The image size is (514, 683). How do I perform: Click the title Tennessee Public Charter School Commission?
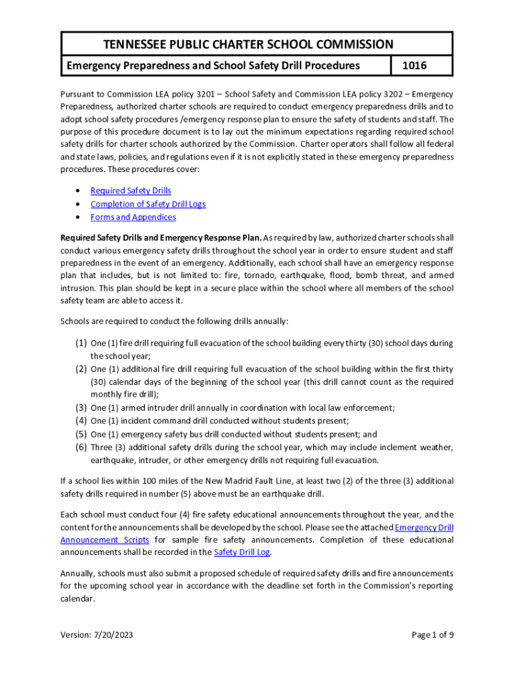click(248, 45)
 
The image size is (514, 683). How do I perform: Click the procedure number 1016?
click(421, 65)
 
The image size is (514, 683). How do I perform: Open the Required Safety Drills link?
click(131, 191)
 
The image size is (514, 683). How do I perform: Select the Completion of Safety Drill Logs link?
click(148, 204)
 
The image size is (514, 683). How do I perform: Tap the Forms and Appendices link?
click(133, 217)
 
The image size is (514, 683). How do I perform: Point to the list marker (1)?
click(80, 344)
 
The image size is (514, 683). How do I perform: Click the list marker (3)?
click(80, 408)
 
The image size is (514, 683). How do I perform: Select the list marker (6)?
click(80, 447)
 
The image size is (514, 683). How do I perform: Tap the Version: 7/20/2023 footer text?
click(97, 635)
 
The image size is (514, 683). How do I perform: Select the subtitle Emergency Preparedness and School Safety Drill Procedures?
click(212, 65)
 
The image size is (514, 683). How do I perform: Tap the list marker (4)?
click(80, 421)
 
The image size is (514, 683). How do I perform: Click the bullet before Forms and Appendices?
click(78, 218)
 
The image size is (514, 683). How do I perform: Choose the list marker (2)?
click(80, 369)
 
